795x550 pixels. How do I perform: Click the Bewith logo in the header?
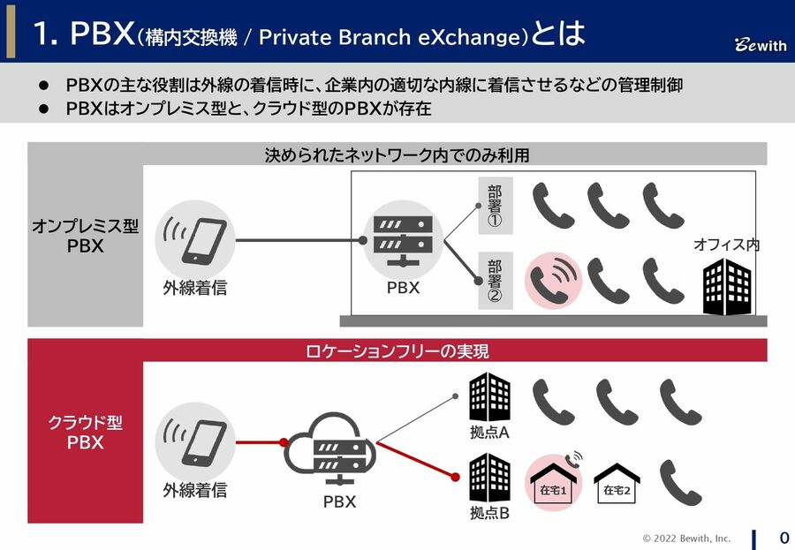(760, 45)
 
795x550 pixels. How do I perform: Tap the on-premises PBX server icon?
(403, 239)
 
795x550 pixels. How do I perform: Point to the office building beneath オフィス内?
(726, 287)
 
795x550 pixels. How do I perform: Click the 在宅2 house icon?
(617, 485)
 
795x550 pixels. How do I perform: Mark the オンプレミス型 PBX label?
(86, 236)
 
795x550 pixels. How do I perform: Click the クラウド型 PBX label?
(86, 432)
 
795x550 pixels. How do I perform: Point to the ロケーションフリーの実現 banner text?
(397, 350)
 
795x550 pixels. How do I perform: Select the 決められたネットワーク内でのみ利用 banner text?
(397, 155)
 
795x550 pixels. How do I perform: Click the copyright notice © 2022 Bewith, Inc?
(686, 538)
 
